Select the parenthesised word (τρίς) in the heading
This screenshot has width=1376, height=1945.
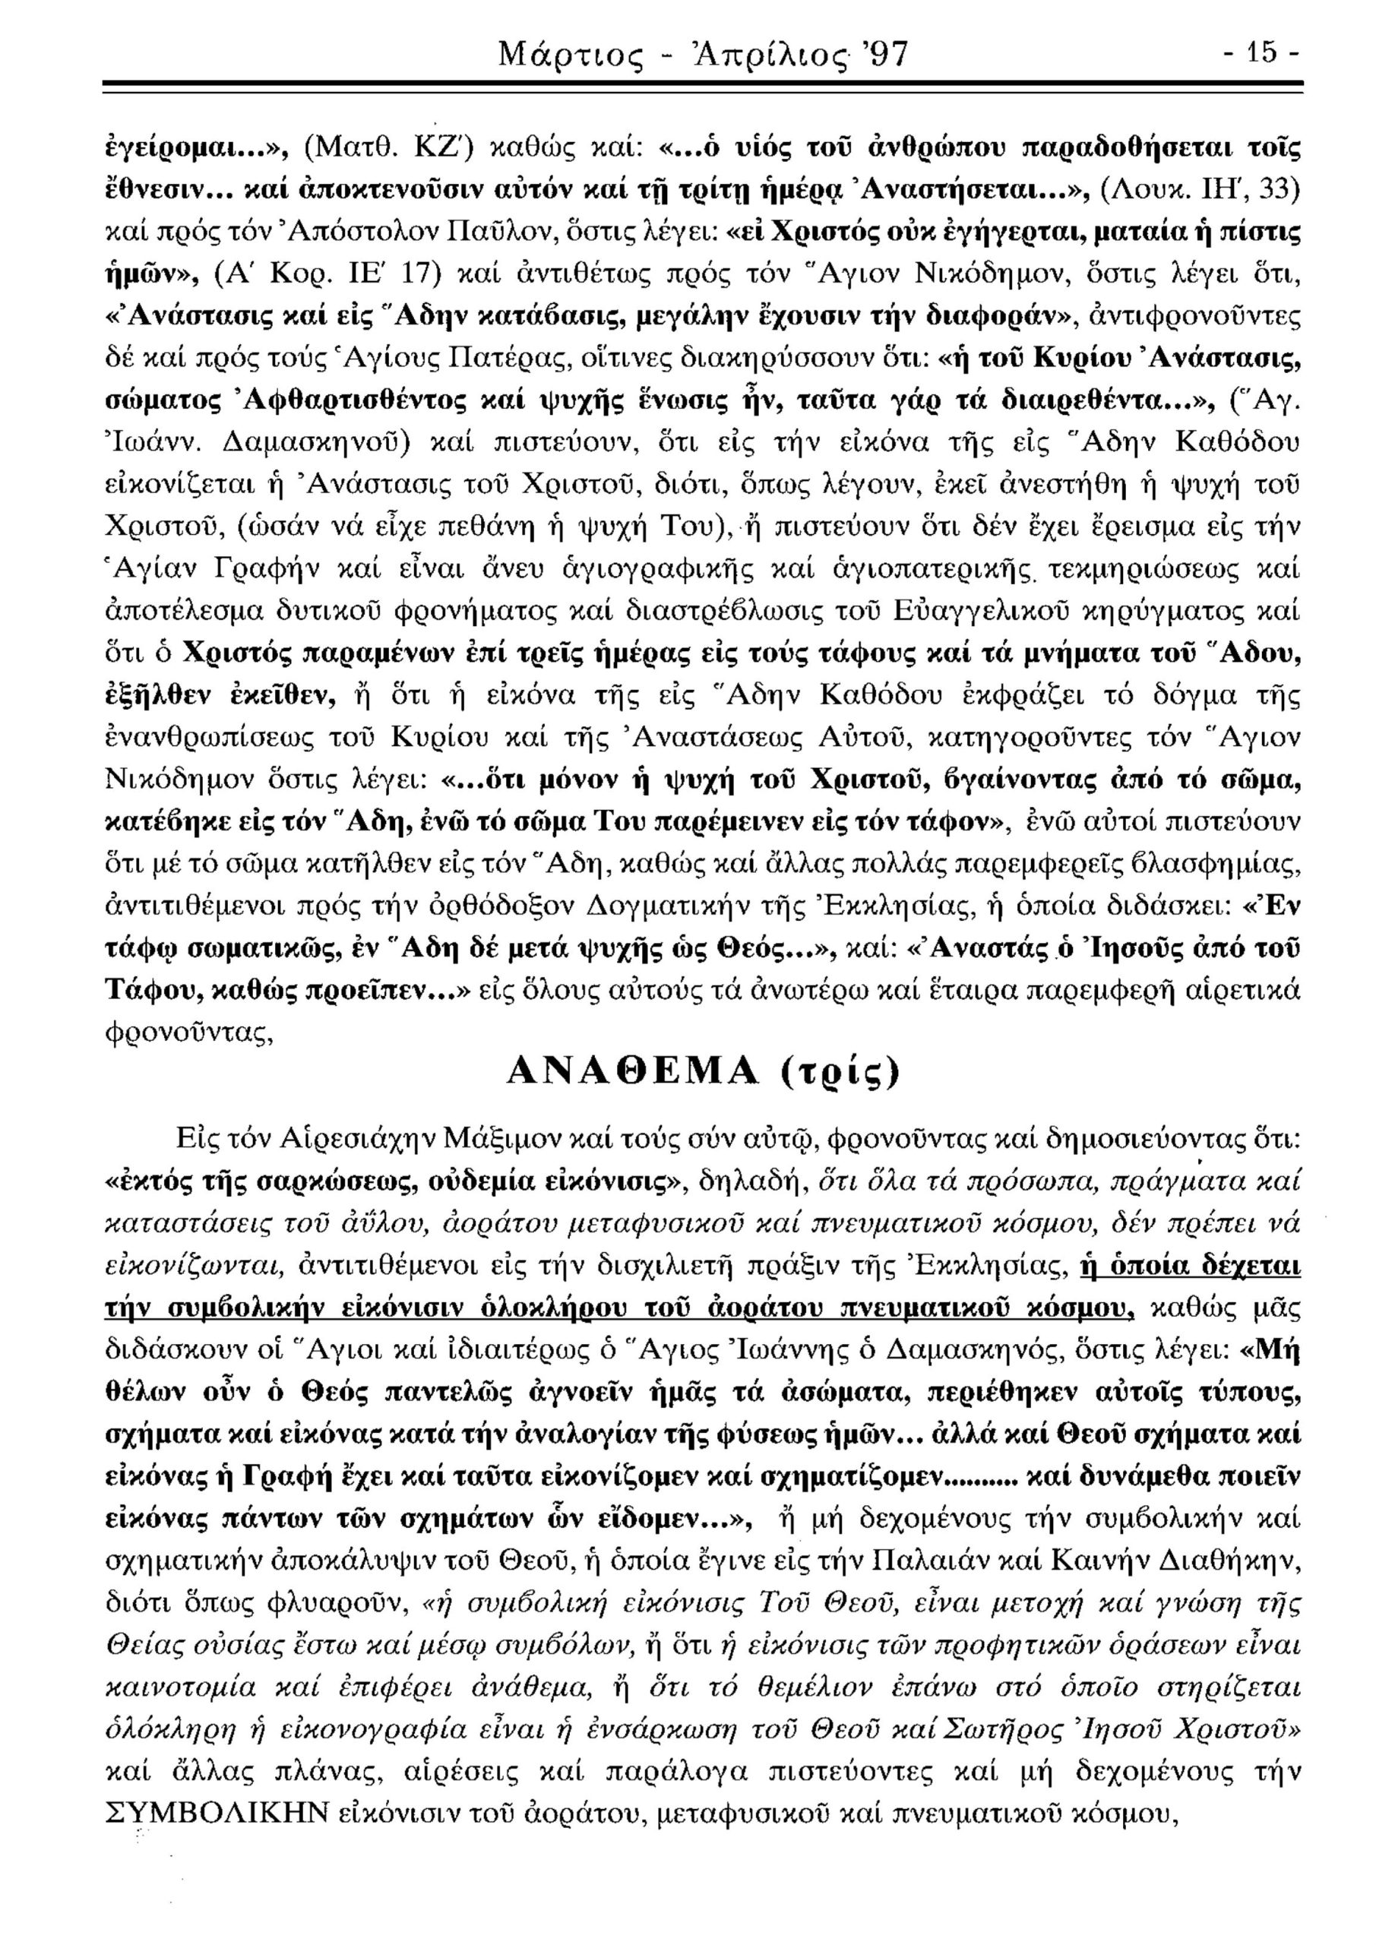pyautogui.click(x=839, y=1076)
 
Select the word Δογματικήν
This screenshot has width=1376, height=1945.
pyautogui.click(x=660, y=908)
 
